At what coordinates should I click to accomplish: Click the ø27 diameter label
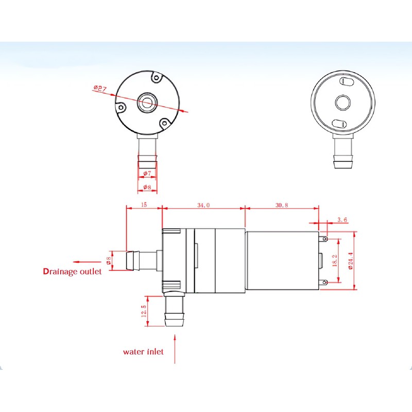point(100,89)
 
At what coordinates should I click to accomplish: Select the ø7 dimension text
point(147,174)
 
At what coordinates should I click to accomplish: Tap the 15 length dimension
point(144,205)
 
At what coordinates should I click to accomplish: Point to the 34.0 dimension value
point(203,205)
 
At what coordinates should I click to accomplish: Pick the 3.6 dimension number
point(342,220)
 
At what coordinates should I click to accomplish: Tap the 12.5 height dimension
point(144,311)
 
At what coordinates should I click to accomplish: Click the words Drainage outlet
point(72,271)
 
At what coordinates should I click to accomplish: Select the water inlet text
point(143,352)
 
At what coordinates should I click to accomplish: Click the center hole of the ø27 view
point(146,102)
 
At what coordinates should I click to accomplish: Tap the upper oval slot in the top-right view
point(345,82)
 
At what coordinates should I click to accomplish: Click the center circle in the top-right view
point(342,102)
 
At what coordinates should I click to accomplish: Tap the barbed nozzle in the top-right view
point(342,157)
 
